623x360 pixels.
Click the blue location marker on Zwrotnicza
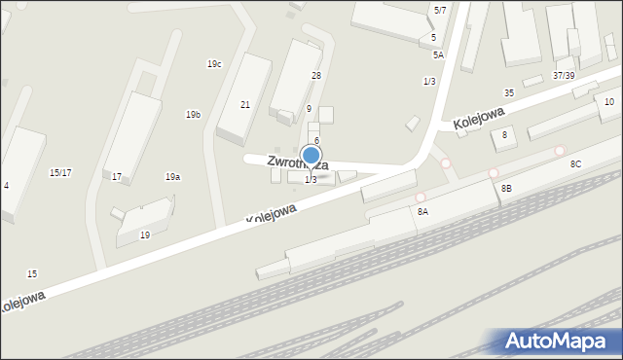[x=311, y=155]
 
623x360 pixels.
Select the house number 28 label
[x=316, y=75]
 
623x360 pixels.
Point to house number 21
[x=245, y=104]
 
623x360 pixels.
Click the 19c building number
[x=214, y=64]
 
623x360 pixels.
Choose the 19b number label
[x=194, y=115]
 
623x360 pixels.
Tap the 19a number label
[x=172, y=177]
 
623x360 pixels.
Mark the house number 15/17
[x=60, y=172]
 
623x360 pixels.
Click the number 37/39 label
[x=565, y=75]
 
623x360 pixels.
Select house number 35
[x=509, y=92]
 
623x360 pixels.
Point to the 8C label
[x=576, y=164]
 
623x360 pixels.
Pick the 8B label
[x=507, y=187]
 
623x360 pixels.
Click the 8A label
[x=422, y=210]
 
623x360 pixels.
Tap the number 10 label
[x=609, y=102]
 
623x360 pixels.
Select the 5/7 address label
[x=440, y=10]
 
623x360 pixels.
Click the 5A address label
[x=438, y=55]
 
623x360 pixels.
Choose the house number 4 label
[x=7, y=185]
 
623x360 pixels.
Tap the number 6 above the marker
[x=316, y=141]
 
